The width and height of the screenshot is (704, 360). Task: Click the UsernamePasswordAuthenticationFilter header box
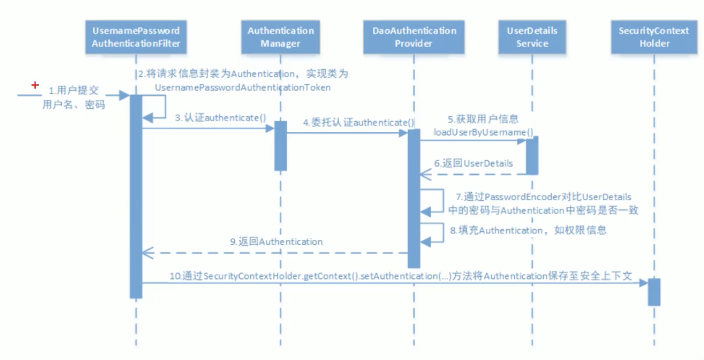tap(136, 37)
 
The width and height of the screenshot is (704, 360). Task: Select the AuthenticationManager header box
tap(280, 37)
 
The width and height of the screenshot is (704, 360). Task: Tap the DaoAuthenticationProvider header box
tap(414, 37)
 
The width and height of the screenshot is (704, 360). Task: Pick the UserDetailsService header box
tap(532, 37)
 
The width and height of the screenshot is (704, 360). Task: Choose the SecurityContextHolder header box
tap(654, 37)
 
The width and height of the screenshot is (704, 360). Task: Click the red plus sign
tap(35, 85)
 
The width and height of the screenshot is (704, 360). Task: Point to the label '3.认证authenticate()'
tap(220, 118)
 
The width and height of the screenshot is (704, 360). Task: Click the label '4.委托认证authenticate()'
tap(358, 123)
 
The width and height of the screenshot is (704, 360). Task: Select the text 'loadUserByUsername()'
tap(483, 132)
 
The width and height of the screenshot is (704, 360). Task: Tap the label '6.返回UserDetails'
tap(473, 163)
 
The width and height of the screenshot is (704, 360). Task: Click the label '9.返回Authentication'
tap(276, 242)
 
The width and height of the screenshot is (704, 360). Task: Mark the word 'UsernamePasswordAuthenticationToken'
tap(243, 87)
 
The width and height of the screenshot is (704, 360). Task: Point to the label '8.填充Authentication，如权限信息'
tap(528, 230)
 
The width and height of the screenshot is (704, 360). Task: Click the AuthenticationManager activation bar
tap(280, 146)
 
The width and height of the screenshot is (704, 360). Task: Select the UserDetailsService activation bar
tap(532, 155)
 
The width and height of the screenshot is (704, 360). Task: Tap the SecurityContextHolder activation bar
tap(654, 292)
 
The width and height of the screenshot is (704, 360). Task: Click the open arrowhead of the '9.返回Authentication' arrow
tap(147, 253)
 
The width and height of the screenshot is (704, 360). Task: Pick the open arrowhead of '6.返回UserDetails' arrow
tap(425, 175)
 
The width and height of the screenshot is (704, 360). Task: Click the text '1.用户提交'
tap(74, 90)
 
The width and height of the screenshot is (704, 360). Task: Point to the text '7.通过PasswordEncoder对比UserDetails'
tap(543, 197)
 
